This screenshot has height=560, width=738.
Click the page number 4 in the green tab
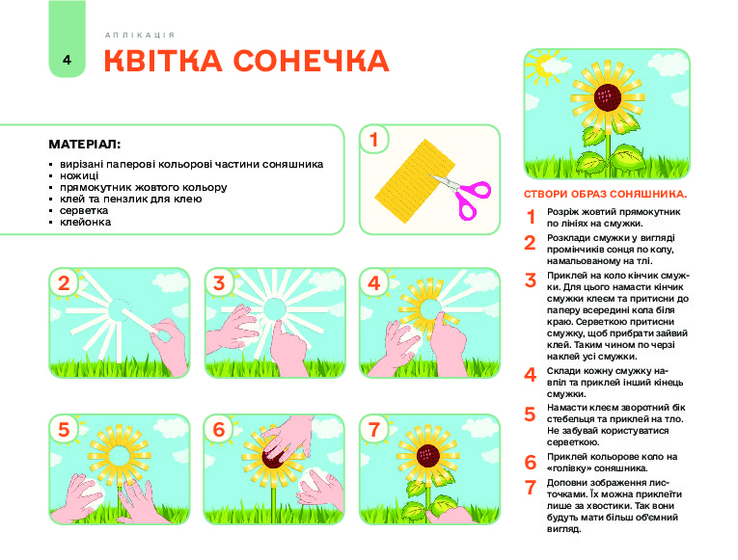[x=67, y=60]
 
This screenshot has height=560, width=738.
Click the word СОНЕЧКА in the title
[x=311, y=61]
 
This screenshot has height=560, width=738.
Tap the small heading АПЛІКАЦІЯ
[x=140, y=36]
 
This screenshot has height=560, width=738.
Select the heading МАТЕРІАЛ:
[x=85, y=145]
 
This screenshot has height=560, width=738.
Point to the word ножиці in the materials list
[x=79, y=175]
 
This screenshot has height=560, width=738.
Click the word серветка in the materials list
[x=84, y=211]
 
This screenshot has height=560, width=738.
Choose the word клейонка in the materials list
[x=85, y=222]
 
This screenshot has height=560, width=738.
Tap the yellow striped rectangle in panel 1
[x=414, y=181]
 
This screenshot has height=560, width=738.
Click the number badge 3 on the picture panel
[x=219, y=283]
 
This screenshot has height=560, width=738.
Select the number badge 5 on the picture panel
[x=64, y=429]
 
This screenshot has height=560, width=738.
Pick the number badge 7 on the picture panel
[x=374, y=429]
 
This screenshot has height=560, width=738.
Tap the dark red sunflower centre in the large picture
[x=608, y=97]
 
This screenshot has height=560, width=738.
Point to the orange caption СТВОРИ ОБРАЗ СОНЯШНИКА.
[x=605, y=194]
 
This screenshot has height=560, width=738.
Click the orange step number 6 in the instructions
[x=531, y=463]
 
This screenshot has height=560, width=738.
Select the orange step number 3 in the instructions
[x=531, y=280]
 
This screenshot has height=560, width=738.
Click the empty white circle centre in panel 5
[x=119, y=456]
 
